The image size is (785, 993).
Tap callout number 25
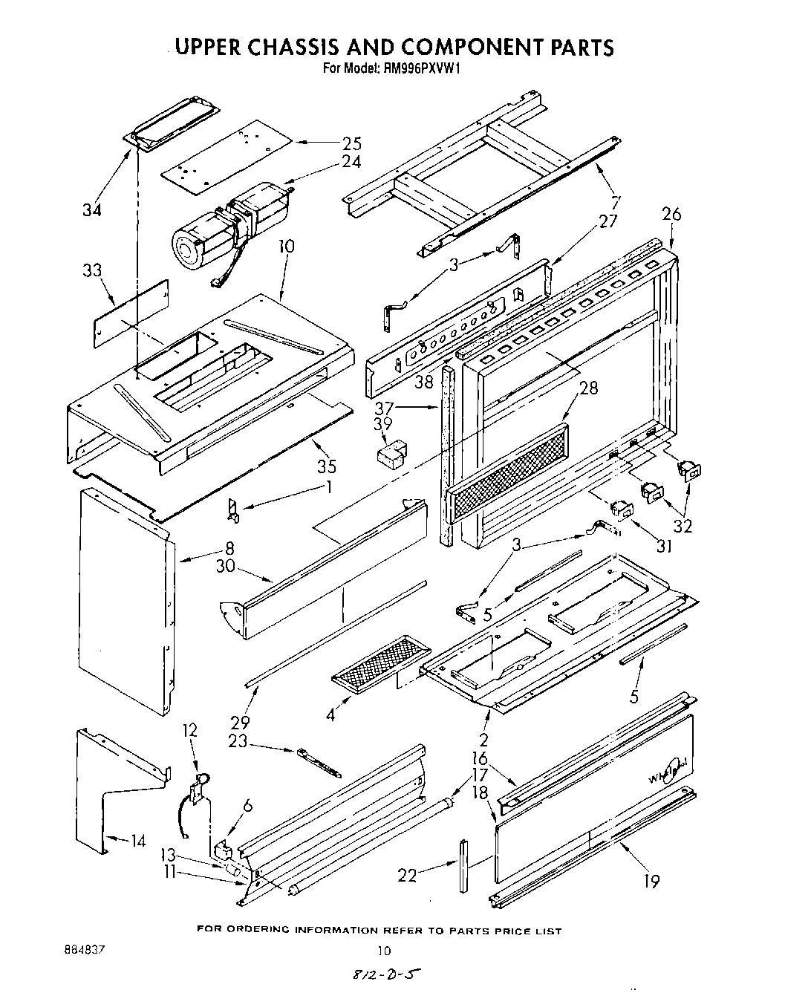click(351, 143)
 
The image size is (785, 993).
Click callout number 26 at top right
click(671, 215)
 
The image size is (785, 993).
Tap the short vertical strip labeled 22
click(463, 867)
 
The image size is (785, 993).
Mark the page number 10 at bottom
click(383, 950)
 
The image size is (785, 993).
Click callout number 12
click(190, 731)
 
